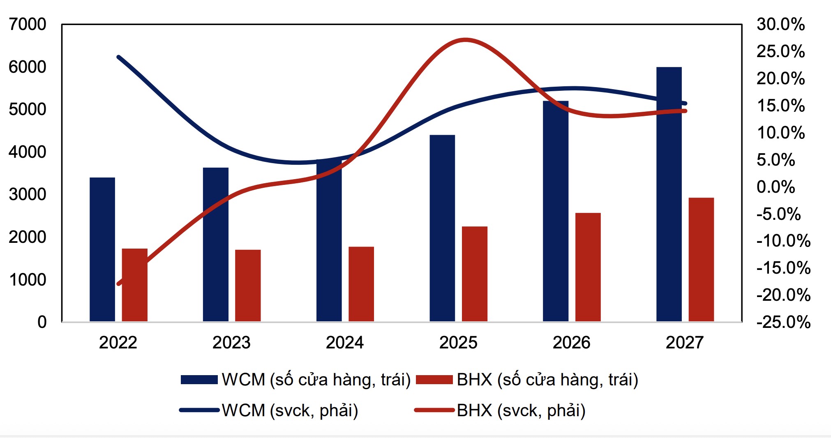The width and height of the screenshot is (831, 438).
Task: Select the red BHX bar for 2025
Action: (x=474, y=274)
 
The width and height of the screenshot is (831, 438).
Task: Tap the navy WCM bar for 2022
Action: (x=102, y=249)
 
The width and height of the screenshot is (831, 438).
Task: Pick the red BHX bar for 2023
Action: (x=248, y=285)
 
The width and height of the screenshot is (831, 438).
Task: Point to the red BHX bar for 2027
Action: (x=701, y=259)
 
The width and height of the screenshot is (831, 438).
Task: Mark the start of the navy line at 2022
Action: (x=118, y=57)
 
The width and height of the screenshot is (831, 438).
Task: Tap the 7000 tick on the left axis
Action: (x=27, y=25)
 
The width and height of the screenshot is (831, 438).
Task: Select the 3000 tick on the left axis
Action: (x=27, y=194)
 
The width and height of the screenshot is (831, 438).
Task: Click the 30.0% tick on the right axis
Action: (x=780, y=25)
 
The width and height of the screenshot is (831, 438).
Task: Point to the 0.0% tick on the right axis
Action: (x=776, y=187)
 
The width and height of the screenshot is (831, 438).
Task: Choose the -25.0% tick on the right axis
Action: (x=783, y=322)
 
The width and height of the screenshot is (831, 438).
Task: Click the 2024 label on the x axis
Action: (x=344, y=343)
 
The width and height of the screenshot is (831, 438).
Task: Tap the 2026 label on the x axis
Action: (x=571, y=343)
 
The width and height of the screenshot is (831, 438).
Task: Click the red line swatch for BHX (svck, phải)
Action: (x=434, y=410)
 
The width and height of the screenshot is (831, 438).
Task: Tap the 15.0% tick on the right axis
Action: (x=780, y=106)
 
